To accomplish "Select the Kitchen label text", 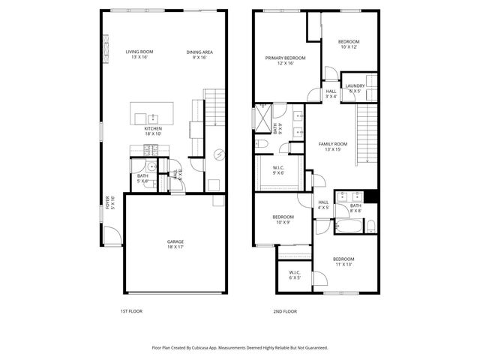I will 153,130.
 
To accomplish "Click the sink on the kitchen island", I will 153,117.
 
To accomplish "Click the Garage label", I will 175,244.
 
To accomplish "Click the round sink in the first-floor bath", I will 150,167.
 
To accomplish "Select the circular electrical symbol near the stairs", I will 220,155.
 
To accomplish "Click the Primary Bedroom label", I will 285,60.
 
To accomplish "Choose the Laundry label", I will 355,88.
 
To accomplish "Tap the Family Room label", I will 333,146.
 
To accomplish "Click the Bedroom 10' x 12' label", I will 348,44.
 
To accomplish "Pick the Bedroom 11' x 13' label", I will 343,261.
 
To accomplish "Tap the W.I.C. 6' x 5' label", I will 294,274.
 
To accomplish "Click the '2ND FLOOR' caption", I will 285,310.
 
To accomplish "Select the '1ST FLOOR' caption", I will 131,310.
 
